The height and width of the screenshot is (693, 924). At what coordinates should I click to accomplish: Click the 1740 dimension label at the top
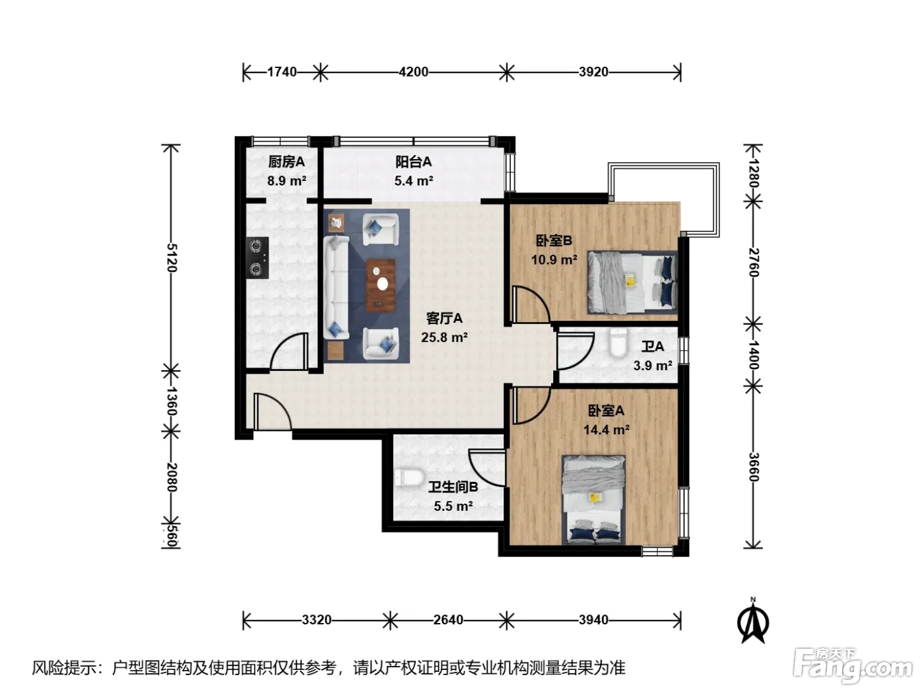(x=282, y=72)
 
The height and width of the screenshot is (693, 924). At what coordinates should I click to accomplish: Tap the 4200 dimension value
(x=413, y=72)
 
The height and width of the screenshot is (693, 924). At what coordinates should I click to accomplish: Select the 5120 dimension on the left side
(x=172, y=257)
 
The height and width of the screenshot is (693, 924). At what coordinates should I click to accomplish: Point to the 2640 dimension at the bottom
(x=448, y=620)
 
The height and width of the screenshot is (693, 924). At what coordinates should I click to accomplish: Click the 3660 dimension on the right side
(x=753, y=467)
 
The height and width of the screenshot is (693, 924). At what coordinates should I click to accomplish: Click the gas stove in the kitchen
(x=257, y=258)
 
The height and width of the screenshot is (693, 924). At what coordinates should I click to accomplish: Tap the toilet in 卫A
(x=618, y=343)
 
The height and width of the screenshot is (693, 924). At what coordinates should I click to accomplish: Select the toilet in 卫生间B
(x=409, y=477)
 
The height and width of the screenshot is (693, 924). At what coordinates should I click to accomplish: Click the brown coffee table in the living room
(x=381, y=286)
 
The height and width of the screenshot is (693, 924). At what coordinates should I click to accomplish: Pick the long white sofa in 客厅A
(x=336, y=288)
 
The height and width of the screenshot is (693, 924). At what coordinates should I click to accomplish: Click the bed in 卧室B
(x=632, y=282)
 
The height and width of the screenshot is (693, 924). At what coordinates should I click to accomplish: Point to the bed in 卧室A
(x=593, y=500)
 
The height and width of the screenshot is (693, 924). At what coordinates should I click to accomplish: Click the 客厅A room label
(x=445, y=318)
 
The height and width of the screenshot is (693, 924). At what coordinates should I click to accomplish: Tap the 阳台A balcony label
(x=413, y=162)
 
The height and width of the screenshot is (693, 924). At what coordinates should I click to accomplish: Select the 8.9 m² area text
(x=286, y=181)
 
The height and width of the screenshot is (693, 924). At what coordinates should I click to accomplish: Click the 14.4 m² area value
(x=606, y=430)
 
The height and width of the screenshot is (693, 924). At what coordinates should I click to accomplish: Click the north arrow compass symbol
(x=753, y=621)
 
